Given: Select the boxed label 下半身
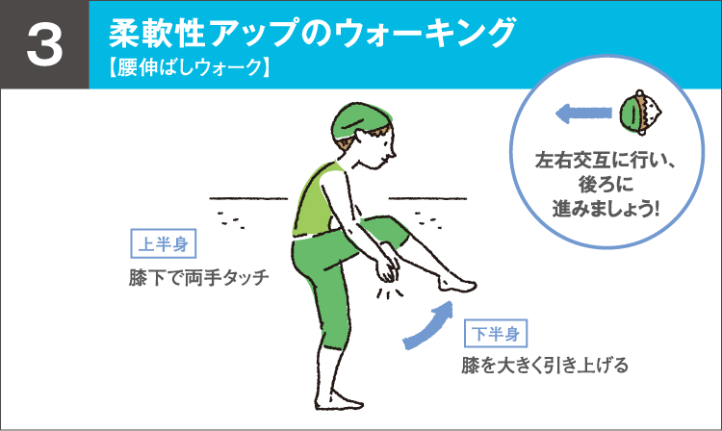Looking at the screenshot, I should click(x=497, y=334).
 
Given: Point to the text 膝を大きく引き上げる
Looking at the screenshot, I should click(x=545, y=366).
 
